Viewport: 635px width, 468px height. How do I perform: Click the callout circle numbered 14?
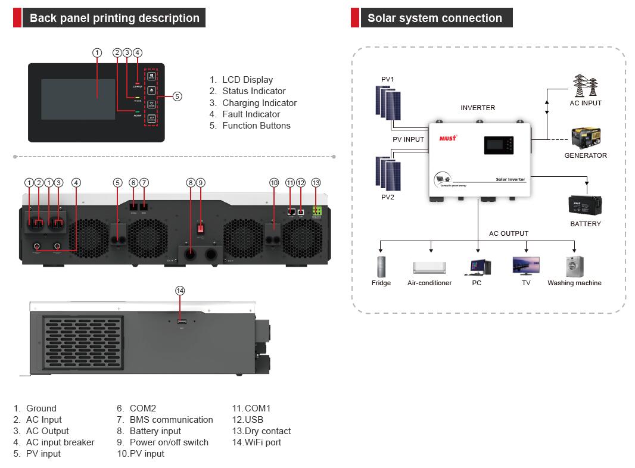click(180, 291)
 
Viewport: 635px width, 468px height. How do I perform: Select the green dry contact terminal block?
click(316, 211)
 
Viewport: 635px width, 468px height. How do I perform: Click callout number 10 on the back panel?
click(274, 183)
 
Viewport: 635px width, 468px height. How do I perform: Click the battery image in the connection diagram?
click(585, 205)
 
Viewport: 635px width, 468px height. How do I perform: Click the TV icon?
click(526, 266)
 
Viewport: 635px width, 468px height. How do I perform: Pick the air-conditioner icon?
click(429, 267)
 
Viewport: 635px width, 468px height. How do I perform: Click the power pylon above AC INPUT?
click(585, 86)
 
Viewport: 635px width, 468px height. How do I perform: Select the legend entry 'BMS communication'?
click(171, 420)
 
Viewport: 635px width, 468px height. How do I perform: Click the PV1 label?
click(388, 79)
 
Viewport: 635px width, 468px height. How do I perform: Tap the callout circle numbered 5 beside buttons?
click(178, 96)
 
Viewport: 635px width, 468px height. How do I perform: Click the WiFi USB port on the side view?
click(181, 322)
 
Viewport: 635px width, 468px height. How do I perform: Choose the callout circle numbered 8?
click(191, 183)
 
